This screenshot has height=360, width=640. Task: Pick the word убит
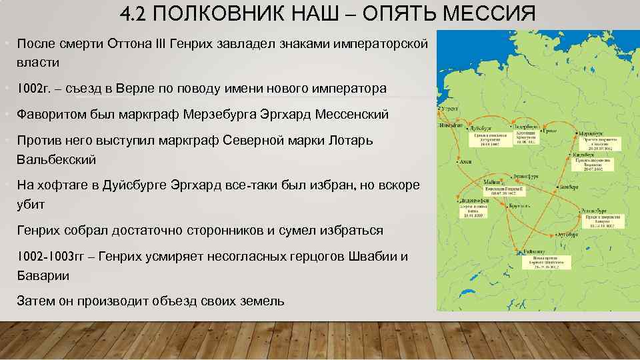[31, 205]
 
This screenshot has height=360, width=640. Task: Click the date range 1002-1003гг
[53, 257]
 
